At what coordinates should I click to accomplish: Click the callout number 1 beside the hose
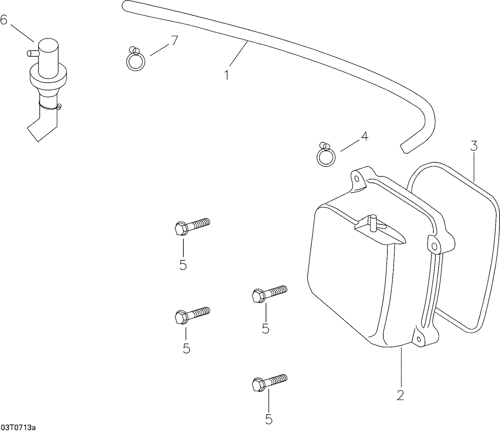(x=227, y=75)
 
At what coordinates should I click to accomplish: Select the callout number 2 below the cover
(x=400, y=395)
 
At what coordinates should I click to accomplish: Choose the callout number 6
(x=4, y=20)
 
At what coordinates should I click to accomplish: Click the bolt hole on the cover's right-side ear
(x=434, y=246)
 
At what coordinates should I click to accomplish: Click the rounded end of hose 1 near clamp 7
(x=125, y=6)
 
